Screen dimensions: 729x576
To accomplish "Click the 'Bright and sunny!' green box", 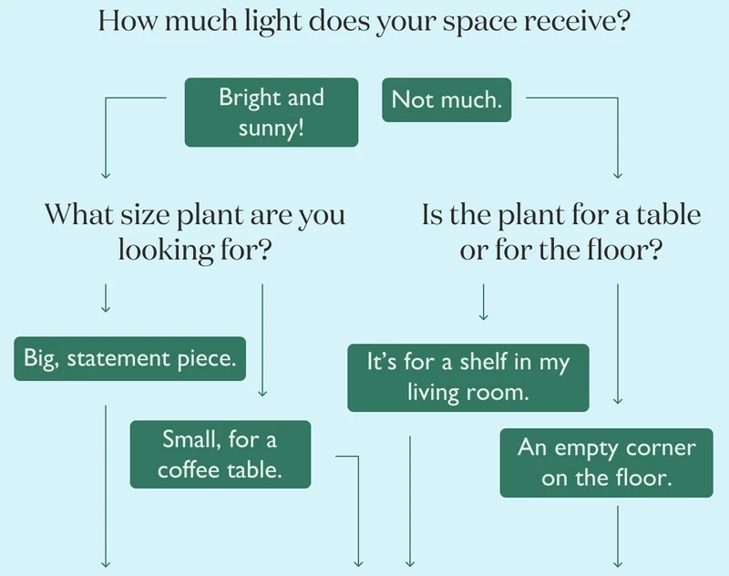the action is [x=272, y=112].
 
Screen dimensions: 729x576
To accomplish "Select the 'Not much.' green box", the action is [x=447, y=100].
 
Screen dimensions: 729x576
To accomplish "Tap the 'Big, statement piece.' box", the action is [x=129, y=359].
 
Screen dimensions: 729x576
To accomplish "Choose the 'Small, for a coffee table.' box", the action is [x=221, y=455].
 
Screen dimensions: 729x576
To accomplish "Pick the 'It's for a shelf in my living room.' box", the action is [x=468, y=378].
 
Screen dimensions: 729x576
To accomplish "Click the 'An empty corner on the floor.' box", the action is [x=606, y=463].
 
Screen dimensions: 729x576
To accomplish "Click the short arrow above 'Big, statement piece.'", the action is [x=106, y=298].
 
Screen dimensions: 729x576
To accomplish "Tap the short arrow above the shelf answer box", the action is [x=484, y=303].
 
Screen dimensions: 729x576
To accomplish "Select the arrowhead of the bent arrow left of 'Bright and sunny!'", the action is [x=106, y=175].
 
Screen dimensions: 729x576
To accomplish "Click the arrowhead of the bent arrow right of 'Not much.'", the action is [x=618, y=175].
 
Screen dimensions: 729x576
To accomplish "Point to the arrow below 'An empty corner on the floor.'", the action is [x=618, y=537].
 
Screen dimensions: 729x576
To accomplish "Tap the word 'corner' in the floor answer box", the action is [x=661, y=448].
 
